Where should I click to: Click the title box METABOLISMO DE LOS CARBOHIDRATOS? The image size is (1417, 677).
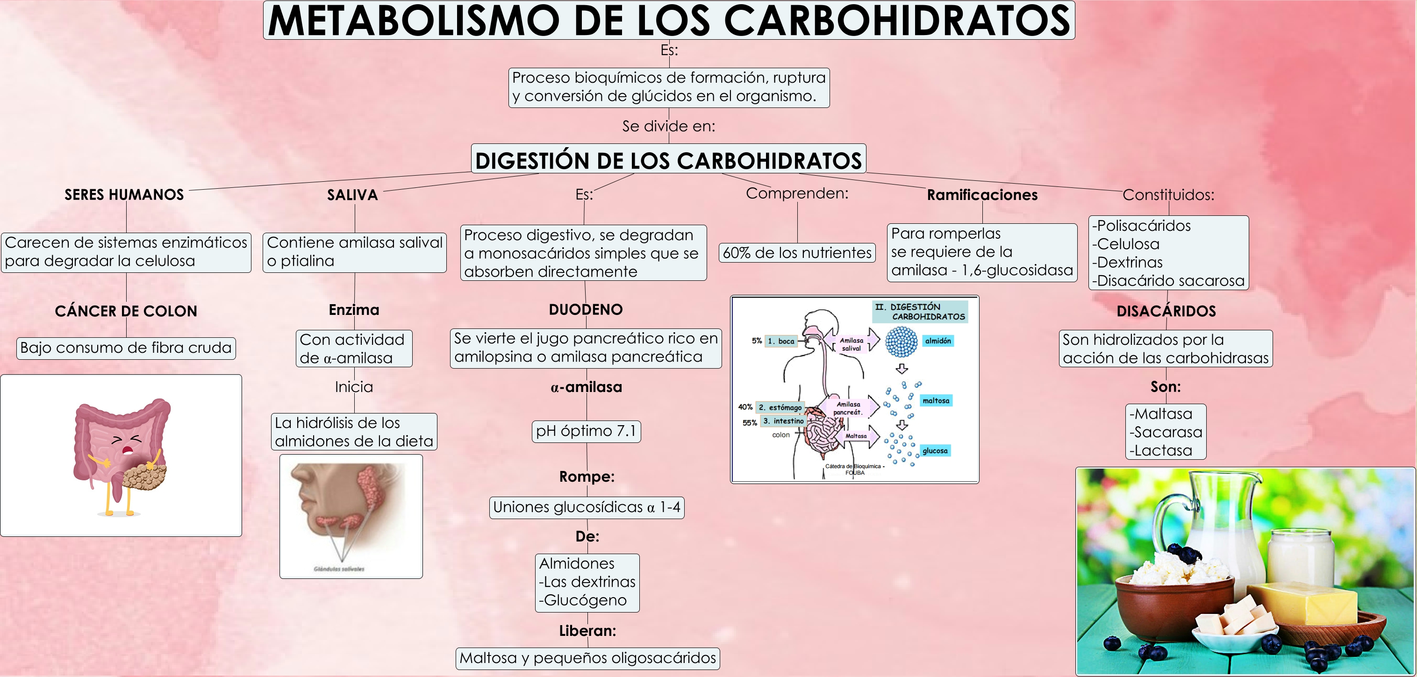(668, 21)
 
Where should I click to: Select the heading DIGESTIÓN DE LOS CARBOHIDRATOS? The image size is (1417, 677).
(668, 160)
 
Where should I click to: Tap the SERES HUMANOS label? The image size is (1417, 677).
(124, 195)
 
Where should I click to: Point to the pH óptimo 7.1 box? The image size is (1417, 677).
(586, 431)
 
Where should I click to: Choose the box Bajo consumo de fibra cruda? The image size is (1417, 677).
(126, 348)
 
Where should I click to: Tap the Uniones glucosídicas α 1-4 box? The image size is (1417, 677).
(587, 507)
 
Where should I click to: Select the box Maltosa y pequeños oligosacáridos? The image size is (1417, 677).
(587, 658)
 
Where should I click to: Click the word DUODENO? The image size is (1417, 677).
(586, 310)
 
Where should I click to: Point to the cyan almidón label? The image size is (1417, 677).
(938, 341)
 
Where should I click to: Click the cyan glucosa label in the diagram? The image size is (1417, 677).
(935, 451)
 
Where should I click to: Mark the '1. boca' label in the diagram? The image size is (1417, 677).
(781, 341)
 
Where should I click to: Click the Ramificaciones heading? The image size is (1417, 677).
(982, 195)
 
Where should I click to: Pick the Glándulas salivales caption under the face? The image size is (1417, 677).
(339, 569)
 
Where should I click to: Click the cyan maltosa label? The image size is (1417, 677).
(936, 401)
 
